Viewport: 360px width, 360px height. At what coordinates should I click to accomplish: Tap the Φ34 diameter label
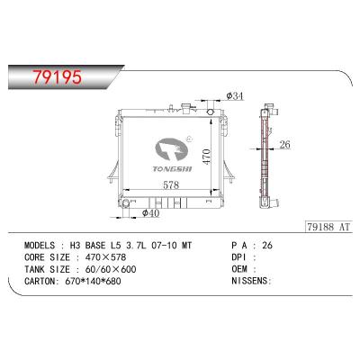pos(233,96)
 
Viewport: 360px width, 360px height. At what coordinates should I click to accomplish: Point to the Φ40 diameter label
pos(150,213)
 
